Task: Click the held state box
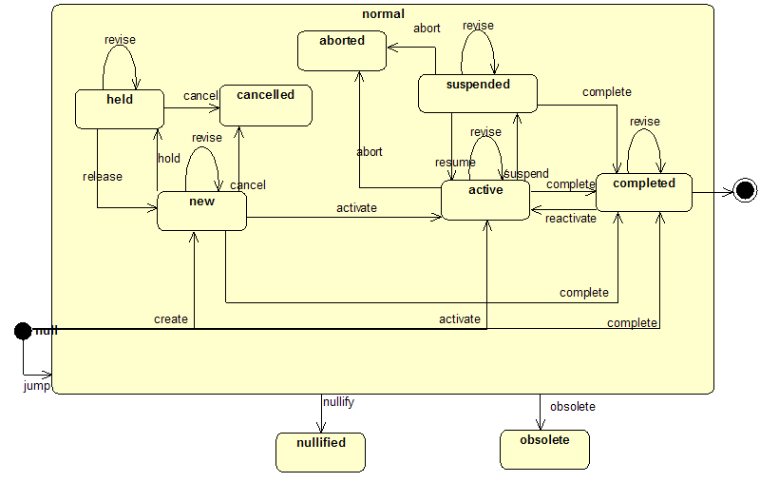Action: click(120, 108)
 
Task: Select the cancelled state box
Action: click(266, 105)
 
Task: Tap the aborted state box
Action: click(342, 50)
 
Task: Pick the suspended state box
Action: click(478, 93)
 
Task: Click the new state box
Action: click(201, 210)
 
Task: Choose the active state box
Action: click(485, 200)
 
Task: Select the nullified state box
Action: click(320, 452)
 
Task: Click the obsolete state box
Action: click(544, 449)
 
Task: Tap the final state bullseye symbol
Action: click(746, 191)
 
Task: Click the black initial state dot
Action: click(23, 330)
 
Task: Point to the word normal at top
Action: click(383, 13)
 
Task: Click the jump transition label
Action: click(36, 387)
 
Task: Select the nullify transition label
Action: click(338, 402)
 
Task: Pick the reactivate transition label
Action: click(571, 219)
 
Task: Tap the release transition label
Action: click(103, 176)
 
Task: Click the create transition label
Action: click(171, 319)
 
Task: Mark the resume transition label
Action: click(454, 163)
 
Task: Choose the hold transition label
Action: click(169, 159)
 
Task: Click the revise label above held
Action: click(120, 40)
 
